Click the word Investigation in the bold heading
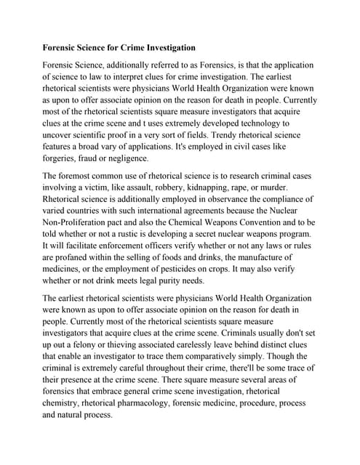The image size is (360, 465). [164, 48]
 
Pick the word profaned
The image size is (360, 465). [74, 257]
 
